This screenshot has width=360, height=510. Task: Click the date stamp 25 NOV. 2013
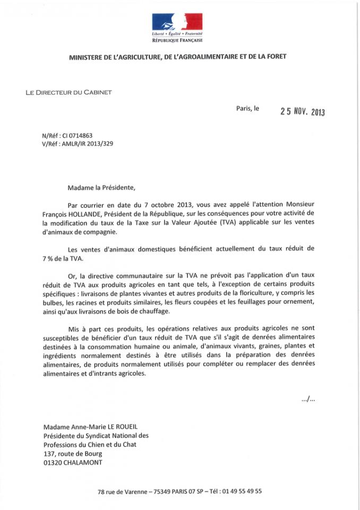point(302,112)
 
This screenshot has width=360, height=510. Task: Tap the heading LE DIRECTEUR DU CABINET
point(68,92)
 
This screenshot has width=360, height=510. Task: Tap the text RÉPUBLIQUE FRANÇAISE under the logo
point(178,40)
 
